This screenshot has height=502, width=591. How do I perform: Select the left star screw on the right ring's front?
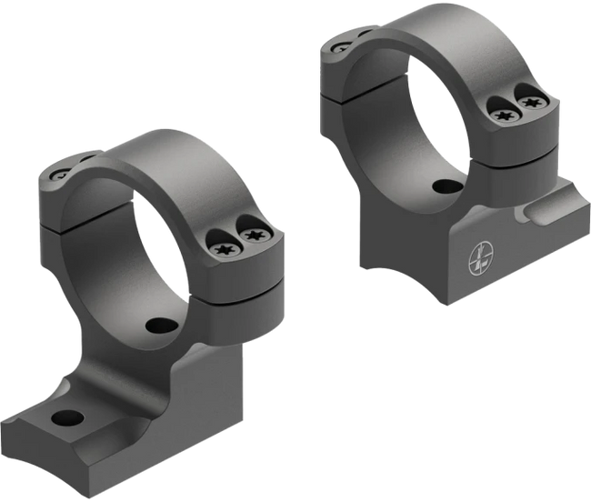pyautogui.click(x=501, y=116)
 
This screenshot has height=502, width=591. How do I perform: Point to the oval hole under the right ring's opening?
pyautogui.click(x=447, y=187)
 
